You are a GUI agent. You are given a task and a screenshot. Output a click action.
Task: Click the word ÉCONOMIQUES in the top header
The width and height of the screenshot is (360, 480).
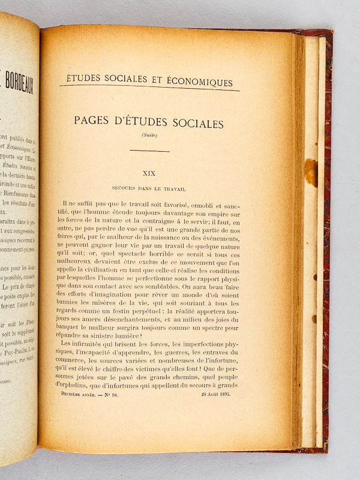[200, 82]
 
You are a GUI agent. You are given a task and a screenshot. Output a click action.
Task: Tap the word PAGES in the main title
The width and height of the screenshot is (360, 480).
[96, 121]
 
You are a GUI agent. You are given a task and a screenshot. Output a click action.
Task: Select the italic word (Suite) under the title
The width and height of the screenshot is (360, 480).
[149, 135]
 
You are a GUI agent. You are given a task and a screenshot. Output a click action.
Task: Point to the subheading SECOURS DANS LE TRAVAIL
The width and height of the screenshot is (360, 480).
[148, 188]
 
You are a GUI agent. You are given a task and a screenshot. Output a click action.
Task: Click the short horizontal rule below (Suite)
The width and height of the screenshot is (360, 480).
[149, 151]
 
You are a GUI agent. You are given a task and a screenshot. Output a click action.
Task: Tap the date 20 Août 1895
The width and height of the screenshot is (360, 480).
[217, 394]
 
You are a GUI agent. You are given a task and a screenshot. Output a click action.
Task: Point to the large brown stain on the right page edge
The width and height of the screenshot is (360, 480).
[311, 172]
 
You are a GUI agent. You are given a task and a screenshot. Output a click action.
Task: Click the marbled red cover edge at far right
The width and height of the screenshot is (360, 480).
[328, 240]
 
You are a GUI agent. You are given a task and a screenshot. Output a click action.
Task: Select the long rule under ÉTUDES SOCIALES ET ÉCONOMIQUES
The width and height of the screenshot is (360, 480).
[150, 88]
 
